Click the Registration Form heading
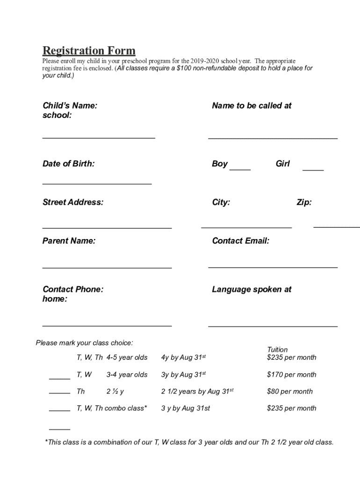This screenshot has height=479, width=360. click(89, 51)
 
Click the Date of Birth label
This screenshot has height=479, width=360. click(68, 164)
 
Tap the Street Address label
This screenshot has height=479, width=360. click(73, 203)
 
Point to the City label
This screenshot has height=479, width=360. click(221, 203)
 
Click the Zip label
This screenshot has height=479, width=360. click(304, 203)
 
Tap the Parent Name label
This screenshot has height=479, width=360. click(69, 241)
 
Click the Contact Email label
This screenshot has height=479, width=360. click(240, 241)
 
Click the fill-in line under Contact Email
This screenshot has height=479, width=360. click(273, 267)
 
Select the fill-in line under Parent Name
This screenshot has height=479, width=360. click(107, 268)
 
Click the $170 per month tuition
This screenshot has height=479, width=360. click(291, 375)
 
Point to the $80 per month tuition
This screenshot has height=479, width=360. click(289, 392)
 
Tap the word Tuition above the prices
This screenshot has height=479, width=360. click(277, 349)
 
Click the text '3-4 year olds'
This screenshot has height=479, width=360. click(127, 375)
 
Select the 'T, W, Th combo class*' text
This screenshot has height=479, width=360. click(112, 408)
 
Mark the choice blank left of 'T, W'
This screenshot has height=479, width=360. click(59, 377)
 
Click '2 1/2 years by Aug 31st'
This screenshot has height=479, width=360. click(197, 392)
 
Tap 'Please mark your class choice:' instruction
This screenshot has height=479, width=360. click(84, 343)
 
